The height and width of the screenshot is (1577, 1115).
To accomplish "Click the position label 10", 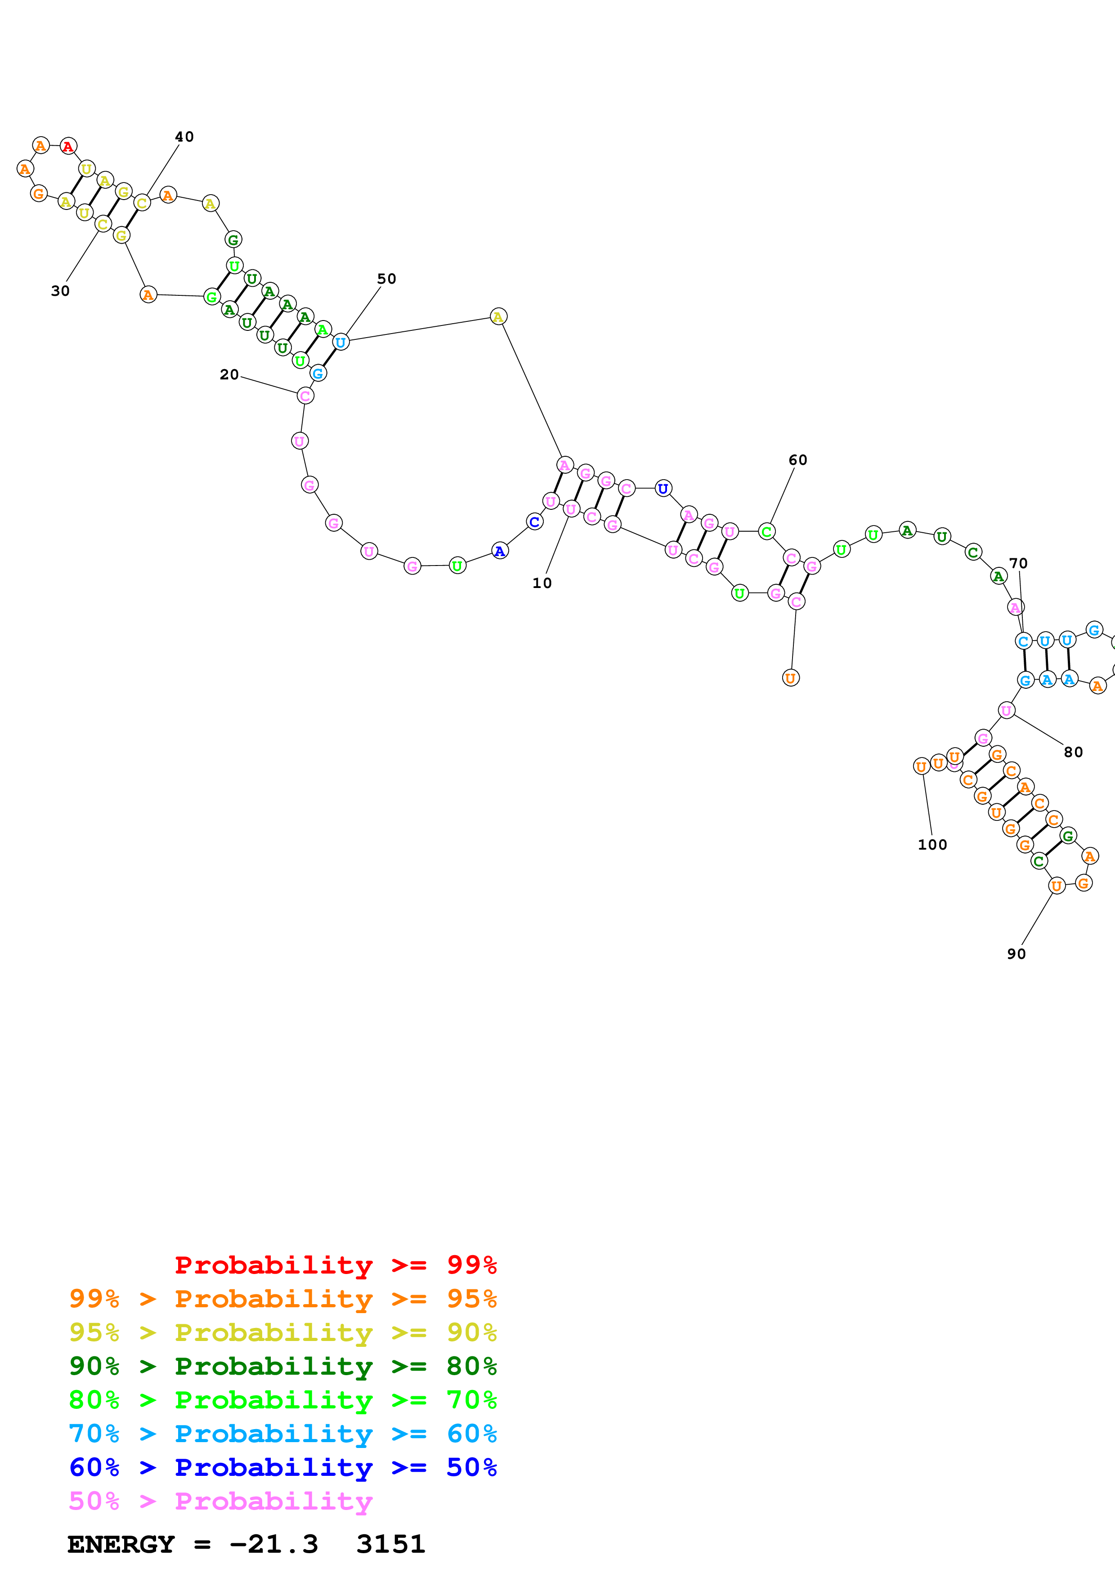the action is (542, 583).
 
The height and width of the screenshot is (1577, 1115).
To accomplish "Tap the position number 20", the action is (229, 374).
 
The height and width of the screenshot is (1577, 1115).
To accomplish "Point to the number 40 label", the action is (184, 137).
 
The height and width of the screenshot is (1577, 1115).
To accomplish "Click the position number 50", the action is (387, 279).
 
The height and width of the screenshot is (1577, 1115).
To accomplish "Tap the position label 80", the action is (1073, 752).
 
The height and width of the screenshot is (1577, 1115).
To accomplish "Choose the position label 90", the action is (1016, 954).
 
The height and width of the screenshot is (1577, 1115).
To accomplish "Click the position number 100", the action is (932, 845).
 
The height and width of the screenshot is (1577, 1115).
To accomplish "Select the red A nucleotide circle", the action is (68, 146).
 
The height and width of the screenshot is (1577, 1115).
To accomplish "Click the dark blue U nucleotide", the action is (663, 489).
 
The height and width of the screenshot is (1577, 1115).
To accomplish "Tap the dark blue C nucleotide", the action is (534, 522).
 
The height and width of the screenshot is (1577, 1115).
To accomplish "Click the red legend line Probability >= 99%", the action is (335, 1265).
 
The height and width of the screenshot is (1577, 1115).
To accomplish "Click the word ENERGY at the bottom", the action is (121, 1544).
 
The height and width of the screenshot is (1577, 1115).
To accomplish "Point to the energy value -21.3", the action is (273, 1544).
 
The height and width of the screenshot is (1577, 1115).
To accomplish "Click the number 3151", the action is (390, 1544).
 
